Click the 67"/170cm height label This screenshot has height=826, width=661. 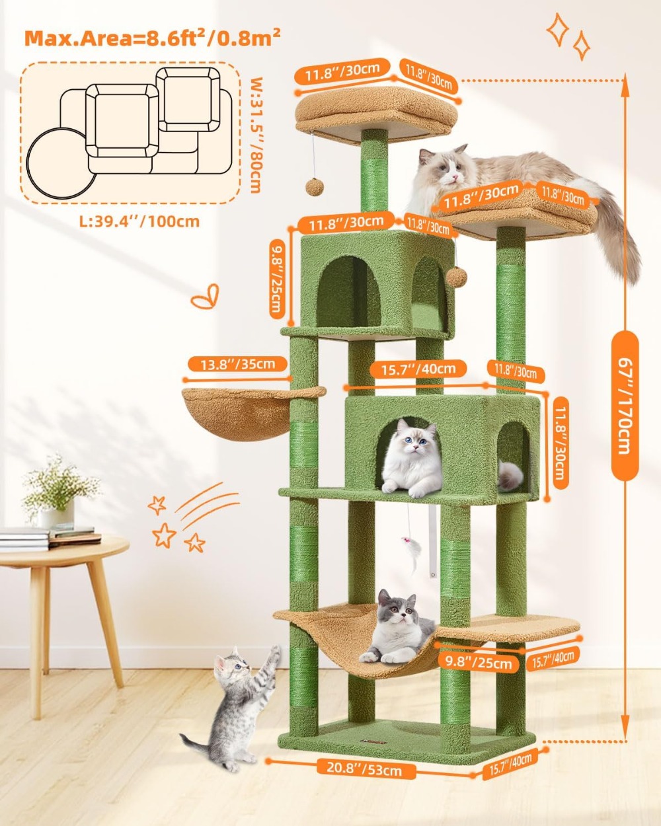625,406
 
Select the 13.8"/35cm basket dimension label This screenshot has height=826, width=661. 237,364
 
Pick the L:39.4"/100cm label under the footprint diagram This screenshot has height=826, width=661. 139,221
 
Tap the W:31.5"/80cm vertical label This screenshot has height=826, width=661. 254,135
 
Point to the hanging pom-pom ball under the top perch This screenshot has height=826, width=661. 314,186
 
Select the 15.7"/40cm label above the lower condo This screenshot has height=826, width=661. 418,369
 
